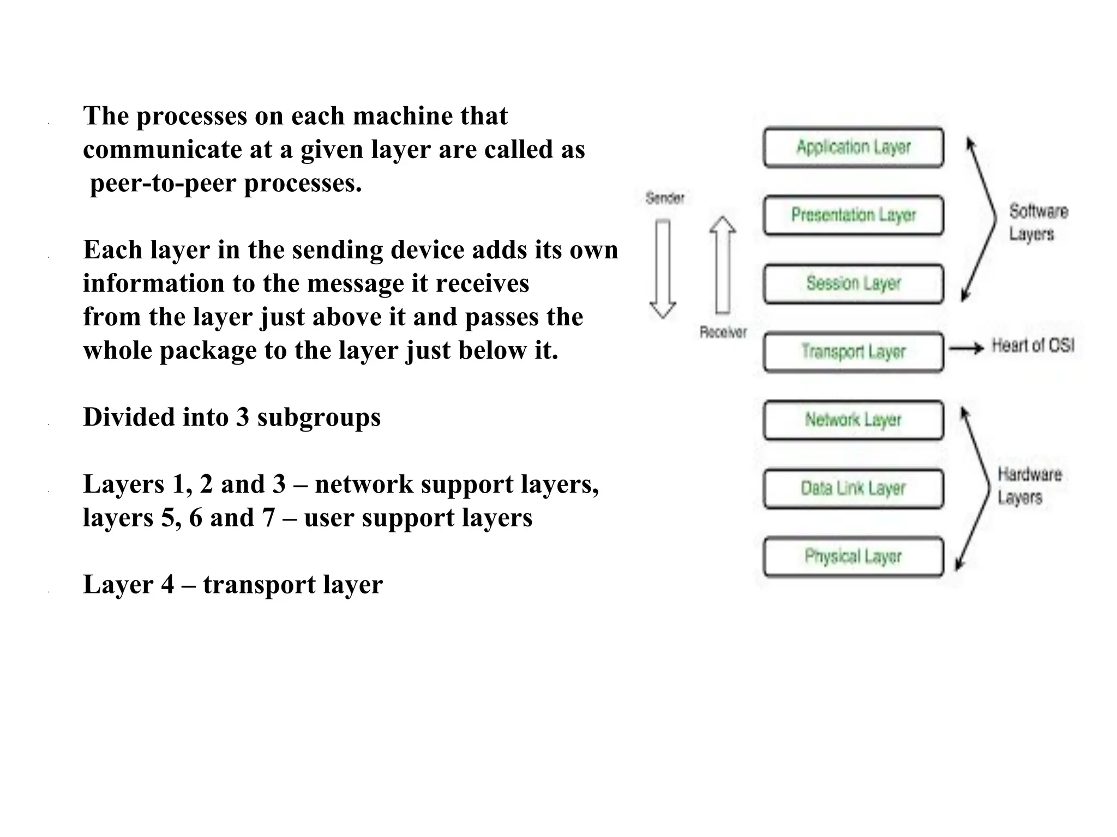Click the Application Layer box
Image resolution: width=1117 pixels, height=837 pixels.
[853, 147]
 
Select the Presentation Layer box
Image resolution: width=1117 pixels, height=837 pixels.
[853, 215]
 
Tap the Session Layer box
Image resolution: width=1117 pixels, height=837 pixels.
[853, 283]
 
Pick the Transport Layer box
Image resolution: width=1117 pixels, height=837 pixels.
[853, 351]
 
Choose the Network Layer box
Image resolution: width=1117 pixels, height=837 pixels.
[853, 420]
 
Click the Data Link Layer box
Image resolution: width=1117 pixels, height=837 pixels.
[853, 488]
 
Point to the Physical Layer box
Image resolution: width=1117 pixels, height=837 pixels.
[853, 556]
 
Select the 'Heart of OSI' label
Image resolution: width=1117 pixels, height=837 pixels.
[1032, 345]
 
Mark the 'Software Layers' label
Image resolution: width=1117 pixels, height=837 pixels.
[1038, 222]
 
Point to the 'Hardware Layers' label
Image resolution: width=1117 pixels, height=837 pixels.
[1029, 486]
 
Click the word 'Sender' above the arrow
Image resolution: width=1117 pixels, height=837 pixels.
[664, 198]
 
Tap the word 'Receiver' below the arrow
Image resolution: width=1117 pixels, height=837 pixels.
[723, 332]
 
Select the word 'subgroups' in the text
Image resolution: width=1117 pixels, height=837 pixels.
[319, 417]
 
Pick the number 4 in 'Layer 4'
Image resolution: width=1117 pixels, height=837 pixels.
[167, 585]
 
